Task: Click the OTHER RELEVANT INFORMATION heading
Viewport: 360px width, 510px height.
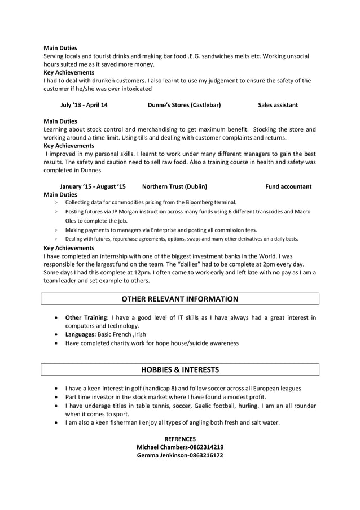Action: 180,299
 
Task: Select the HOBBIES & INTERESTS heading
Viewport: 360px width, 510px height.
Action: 180,370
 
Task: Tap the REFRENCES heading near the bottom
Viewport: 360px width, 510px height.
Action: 180,439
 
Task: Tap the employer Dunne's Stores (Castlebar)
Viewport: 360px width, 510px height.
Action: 184,105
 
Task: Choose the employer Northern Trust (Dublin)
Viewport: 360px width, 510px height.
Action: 174,186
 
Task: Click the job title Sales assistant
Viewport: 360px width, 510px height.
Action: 278,105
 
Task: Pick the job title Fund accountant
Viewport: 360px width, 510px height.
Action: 288,186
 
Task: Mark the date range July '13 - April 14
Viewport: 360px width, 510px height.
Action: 84,105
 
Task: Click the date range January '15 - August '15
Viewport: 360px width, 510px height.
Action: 93,186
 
